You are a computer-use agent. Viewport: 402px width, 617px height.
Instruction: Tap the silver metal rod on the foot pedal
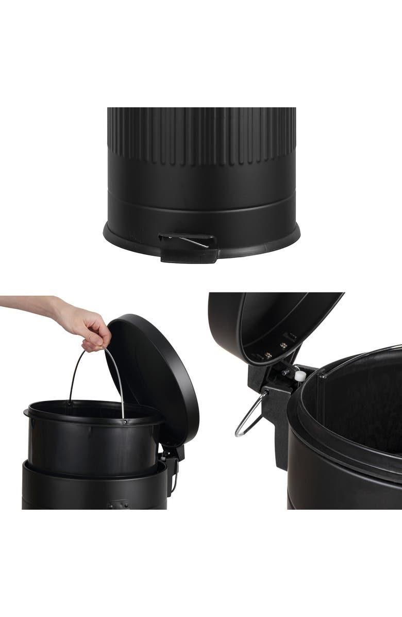195,241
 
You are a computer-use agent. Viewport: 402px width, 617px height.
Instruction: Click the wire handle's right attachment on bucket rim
124,421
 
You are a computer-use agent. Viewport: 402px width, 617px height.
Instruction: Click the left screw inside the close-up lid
268,355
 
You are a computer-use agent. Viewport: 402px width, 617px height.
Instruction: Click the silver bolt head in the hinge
284,371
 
